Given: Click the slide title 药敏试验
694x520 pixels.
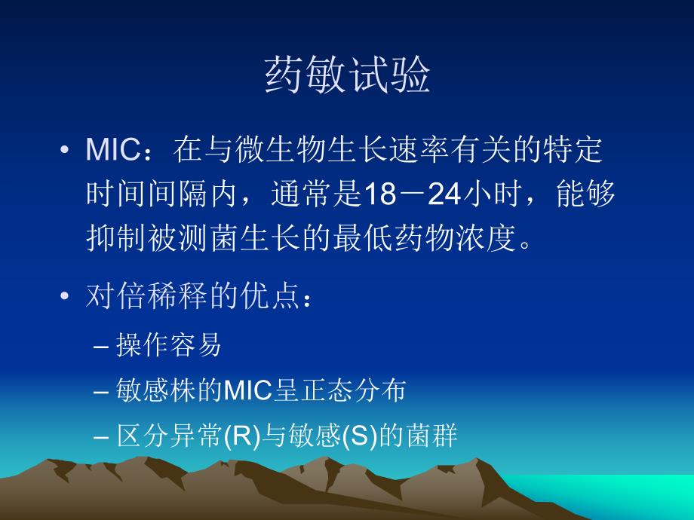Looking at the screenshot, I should pyautogui.click(x=347, y=77).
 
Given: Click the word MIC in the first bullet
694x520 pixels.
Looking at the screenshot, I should pyautogui.click(x=111, y=151).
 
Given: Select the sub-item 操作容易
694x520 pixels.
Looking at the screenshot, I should pyautogui.click(x=169, y=345).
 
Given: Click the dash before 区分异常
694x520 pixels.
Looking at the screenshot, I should pyautogui.click(x=103, y=436).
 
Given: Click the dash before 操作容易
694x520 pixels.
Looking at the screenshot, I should pyautogui.click(x=103, y=346).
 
